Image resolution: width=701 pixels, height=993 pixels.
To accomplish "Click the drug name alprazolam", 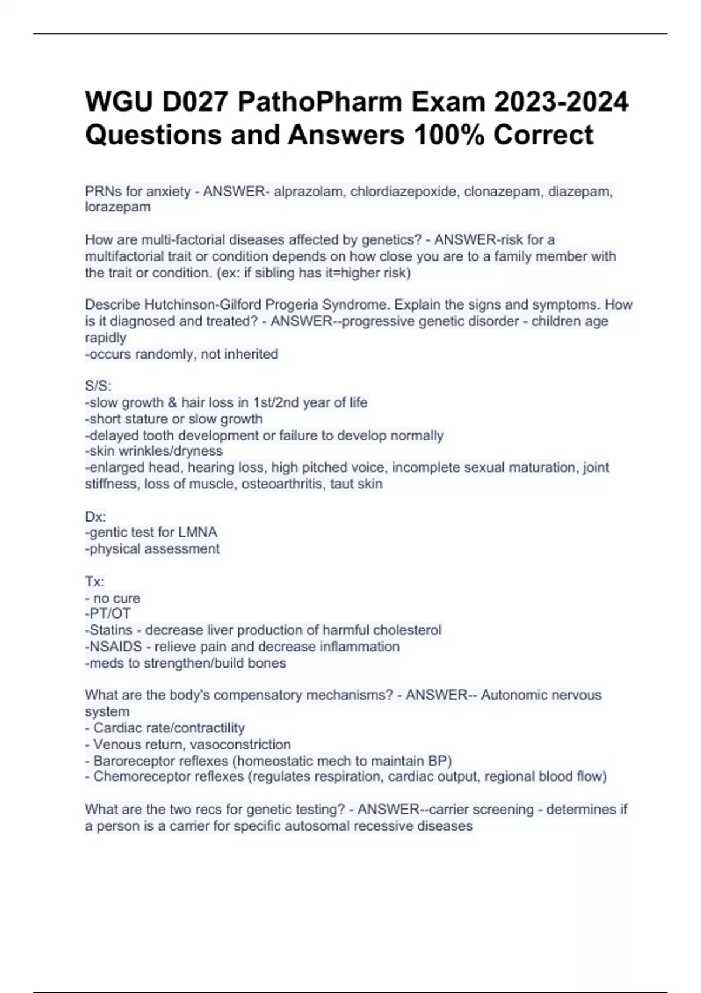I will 309,191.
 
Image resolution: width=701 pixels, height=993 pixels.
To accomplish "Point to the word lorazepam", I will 117,207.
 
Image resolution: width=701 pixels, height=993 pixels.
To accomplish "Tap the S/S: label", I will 98,386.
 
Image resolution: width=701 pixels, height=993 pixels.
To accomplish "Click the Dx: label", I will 95,516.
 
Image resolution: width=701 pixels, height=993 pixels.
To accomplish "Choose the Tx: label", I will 95,582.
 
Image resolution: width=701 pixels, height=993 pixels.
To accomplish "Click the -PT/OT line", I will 108,613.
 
